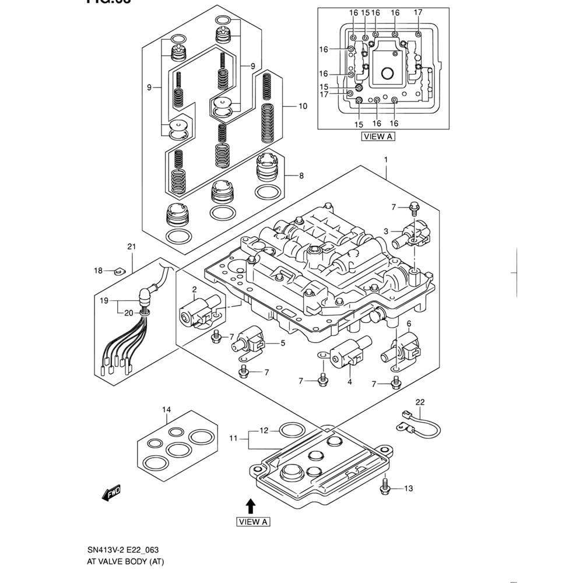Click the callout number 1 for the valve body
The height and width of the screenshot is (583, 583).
385,159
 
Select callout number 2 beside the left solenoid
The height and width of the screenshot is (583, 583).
194,289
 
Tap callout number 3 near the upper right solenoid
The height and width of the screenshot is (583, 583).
385,231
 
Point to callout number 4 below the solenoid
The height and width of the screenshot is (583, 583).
350,382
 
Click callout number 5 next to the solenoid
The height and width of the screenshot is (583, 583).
283,343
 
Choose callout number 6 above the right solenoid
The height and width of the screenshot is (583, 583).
409,324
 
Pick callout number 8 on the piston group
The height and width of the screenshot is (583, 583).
301,175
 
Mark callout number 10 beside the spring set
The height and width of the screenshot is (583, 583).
303,106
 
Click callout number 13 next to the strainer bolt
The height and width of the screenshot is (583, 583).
408,488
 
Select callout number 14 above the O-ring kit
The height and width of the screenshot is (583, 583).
167,410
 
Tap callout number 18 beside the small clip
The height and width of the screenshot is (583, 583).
99,271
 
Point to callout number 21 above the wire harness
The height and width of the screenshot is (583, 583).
132,247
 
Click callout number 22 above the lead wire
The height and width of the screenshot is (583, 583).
420,402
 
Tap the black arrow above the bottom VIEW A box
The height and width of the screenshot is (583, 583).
250,505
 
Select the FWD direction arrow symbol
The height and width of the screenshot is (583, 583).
111,494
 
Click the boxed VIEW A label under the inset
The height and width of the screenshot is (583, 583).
377,136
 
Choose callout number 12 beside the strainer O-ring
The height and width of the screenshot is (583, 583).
264,430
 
